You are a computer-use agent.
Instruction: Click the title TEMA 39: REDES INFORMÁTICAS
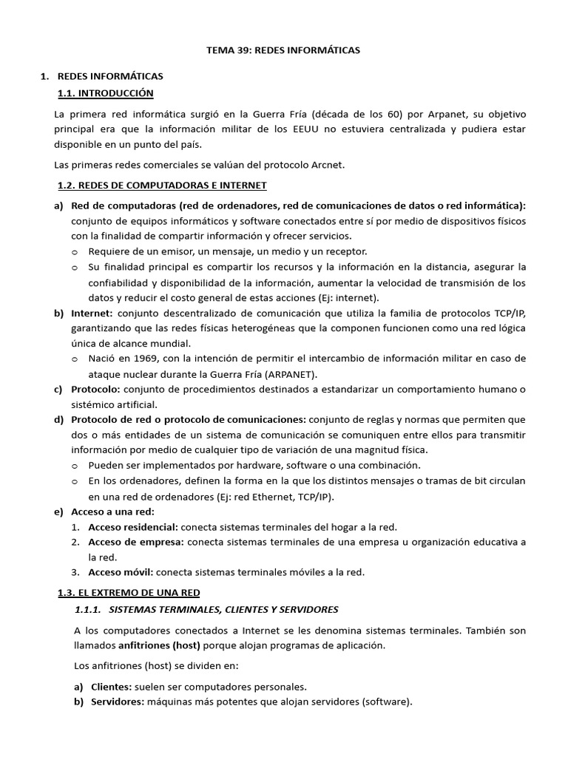pos(283,50)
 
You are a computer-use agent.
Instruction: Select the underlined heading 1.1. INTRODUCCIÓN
pos(105,93)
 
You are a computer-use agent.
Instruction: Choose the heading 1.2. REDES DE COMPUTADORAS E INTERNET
pos(162,185)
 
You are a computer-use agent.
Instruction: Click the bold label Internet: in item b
pos(92,313)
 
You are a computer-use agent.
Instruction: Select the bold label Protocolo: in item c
pos(96,389)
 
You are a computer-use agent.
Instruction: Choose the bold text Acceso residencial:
pos(133,527)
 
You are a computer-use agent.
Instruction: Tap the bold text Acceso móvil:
pos(121,572)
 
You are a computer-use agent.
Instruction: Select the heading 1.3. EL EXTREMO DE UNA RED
pos(129,593)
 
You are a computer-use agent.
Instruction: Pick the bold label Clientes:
pos(112,687)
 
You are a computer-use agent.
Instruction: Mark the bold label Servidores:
pos(118,702)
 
